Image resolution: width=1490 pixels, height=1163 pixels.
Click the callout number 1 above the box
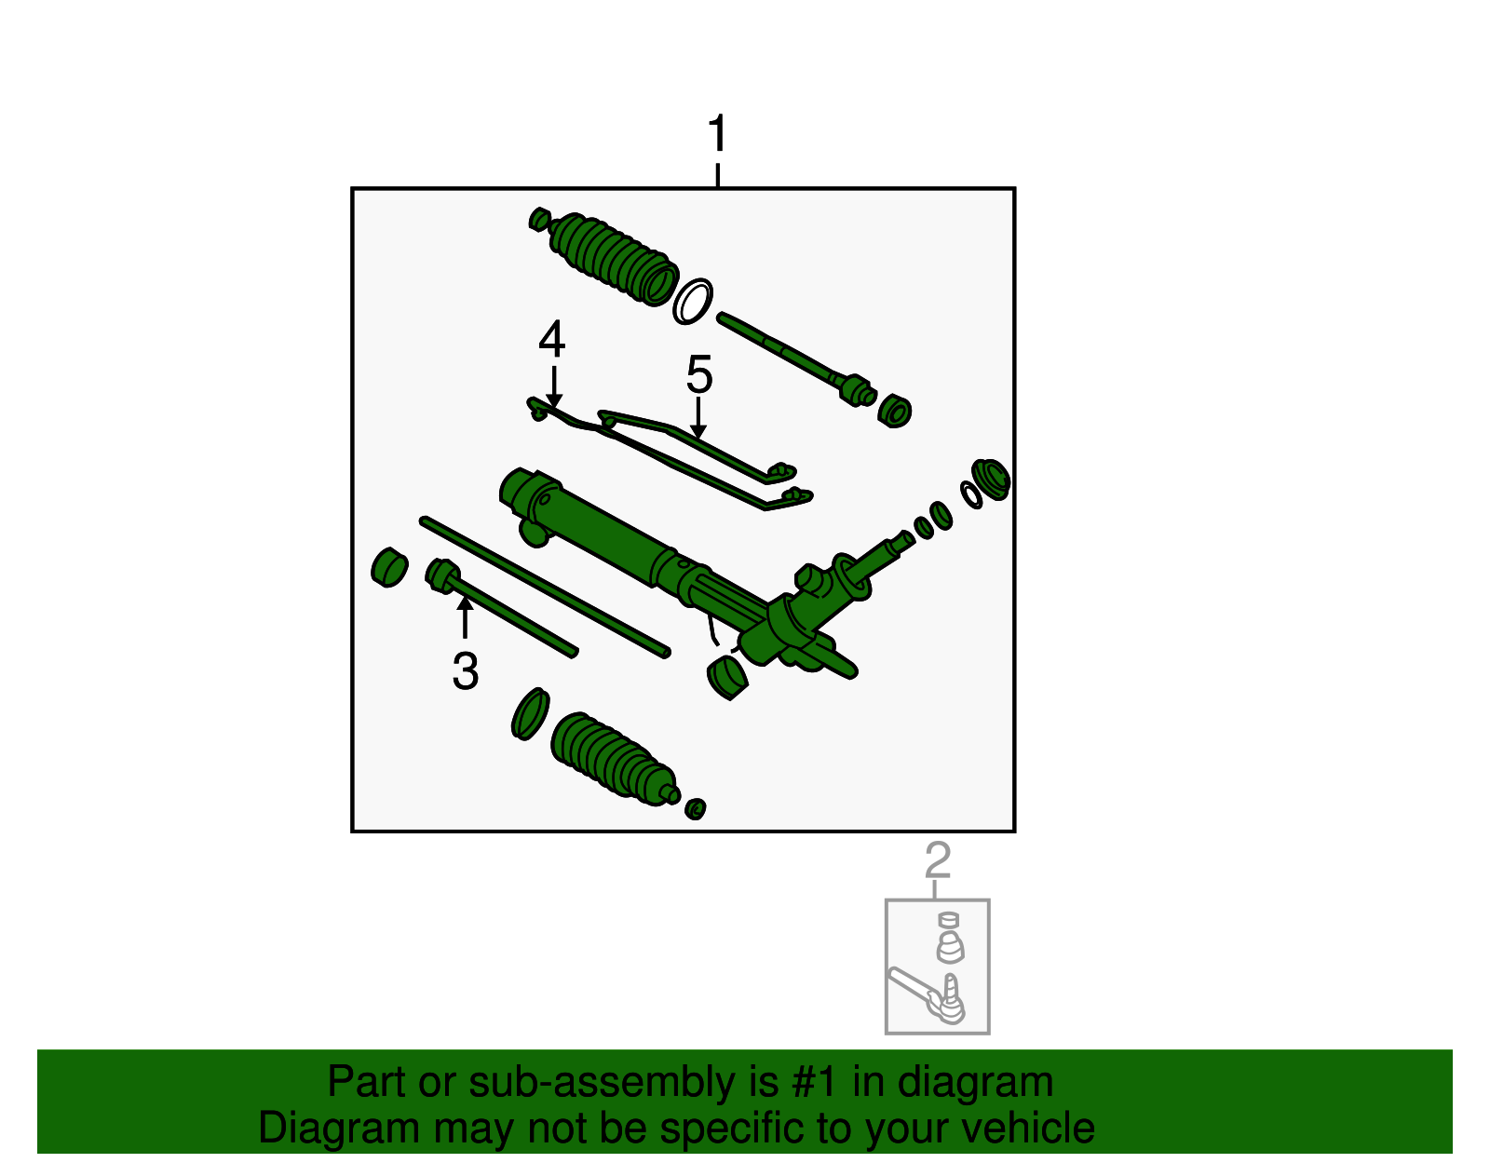(717, 135)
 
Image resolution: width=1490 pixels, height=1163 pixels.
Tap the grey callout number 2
(938, 860)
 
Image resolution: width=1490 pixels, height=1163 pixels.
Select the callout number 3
(466, 671)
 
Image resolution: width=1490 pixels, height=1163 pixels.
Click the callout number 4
(552, 340)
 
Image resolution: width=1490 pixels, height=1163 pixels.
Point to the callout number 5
(699, 375)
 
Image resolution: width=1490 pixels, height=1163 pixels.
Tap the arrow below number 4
(554, 387)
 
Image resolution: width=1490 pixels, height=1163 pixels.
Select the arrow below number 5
(698, 418)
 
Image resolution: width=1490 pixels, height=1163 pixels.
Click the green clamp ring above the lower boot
(530, 714)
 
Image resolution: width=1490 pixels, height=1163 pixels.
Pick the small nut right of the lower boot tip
(695, 808)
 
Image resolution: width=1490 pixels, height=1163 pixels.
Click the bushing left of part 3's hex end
(389, 566)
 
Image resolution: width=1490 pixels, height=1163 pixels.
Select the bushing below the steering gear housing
(727, 677)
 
